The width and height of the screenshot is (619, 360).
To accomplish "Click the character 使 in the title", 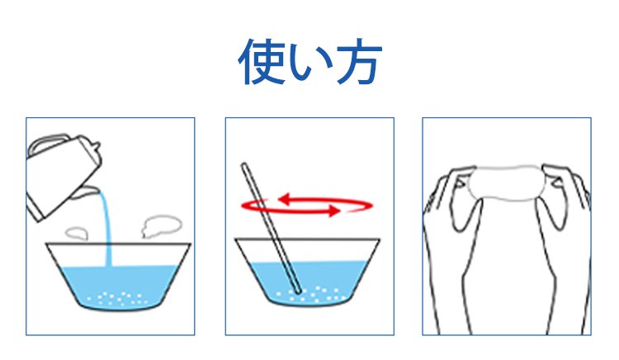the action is pos(262,62).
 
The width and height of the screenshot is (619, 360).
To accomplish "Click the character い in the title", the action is pos(310,64).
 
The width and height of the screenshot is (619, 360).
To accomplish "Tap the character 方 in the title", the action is pos(359,62).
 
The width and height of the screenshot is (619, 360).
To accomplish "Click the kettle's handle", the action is pos(47,143).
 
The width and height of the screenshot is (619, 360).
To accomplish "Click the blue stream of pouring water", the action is pos(106,229).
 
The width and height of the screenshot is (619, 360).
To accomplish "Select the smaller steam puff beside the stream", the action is pos(77,234).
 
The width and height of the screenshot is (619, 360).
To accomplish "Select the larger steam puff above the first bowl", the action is pos(162,225).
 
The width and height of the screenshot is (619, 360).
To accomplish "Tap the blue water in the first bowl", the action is pos(118,287).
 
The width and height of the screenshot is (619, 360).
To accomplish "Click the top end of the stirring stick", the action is pos(244,165).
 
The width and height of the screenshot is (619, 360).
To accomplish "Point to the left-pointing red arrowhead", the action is pos(285,199).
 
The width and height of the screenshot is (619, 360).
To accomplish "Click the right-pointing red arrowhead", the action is pos(333,211).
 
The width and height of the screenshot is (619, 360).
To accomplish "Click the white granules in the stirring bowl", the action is pos(312,295).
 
